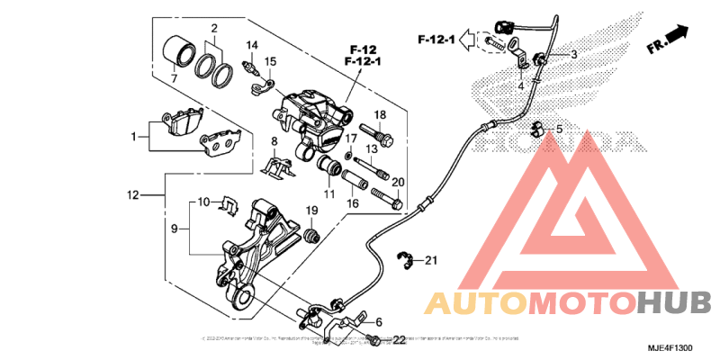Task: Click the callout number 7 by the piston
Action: [x=174, y=79]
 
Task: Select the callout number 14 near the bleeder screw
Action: [x=253, y=45]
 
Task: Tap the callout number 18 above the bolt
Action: [x=380, y=114]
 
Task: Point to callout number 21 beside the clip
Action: [x=430, y=261]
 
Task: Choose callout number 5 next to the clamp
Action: [x=558, y=130]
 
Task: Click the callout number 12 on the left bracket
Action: [x=132, y=194]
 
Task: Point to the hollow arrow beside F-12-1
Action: [x=467, y=40]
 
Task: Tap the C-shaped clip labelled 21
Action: [x=408, y=262]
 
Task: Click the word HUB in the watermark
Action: [x=674, y=303]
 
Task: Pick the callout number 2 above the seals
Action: [x=214, y=29]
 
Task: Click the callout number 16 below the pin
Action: [x=353, y=203]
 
